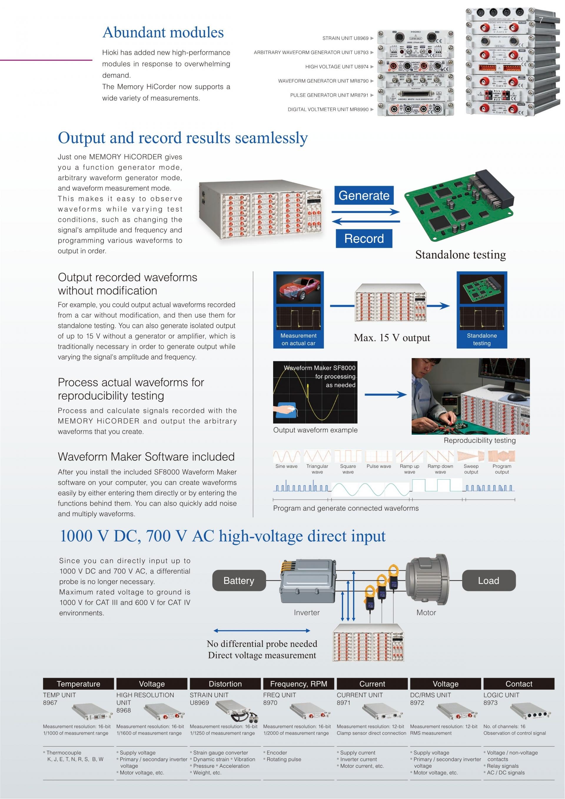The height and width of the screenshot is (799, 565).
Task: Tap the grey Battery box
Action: coord(239,580)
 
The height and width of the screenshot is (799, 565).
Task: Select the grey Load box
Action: coord(488,580)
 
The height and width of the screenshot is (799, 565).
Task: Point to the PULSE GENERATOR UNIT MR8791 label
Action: coord(329,95)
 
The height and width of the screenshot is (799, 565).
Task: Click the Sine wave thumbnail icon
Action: coord(286,456)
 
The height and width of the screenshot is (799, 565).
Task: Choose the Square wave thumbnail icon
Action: coord(348,456)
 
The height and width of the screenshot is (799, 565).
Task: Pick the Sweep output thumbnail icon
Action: coord(471,456)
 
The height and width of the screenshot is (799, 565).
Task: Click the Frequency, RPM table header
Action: coord(298,684)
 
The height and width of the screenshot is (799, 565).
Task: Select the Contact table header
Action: coord(519,684)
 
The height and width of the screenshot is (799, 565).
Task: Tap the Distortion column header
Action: coord(225,684)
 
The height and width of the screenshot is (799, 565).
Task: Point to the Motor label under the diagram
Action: coord(426,613)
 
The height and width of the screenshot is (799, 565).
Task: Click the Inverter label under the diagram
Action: coord(307,613)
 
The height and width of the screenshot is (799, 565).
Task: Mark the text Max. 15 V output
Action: coord(392,338)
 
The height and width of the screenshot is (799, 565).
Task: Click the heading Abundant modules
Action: coord(163,32)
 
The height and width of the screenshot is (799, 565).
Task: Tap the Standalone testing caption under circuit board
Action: coord(460,255)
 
